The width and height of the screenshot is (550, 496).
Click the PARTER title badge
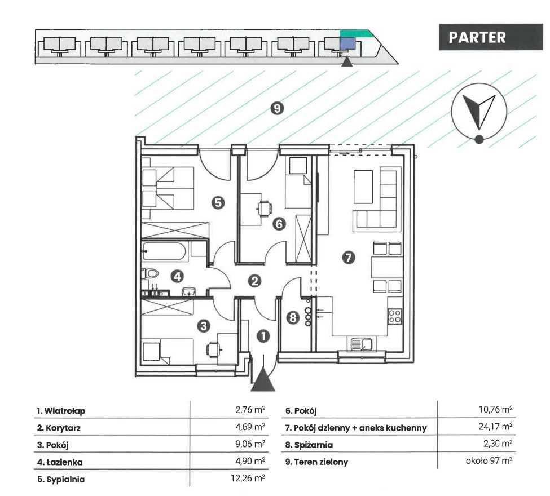click(477, 37)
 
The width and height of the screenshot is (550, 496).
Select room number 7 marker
click(349, 258)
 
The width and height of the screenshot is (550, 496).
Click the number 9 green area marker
click(276, 108)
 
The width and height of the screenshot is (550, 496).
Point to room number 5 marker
click(219, 202)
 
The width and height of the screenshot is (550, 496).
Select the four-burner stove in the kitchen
click(395, 317)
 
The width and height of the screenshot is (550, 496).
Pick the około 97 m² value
click(489, 462)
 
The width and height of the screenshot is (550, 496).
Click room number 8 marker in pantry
click(292, 318)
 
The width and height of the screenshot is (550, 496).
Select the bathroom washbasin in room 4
click(190, 291)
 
